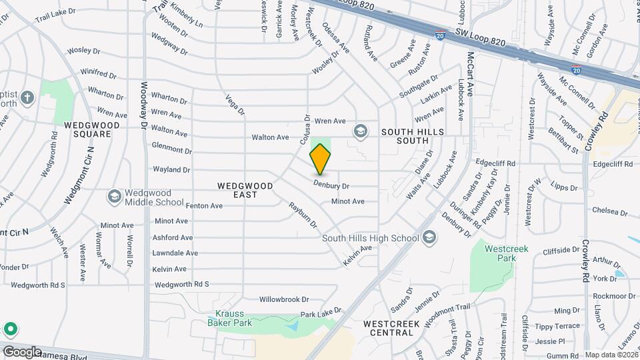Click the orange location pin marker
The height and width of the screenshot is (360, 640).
click(x=321, y=159)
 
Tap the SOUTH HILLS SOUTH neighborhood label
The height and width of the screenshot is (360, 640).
click(x=413, y=137)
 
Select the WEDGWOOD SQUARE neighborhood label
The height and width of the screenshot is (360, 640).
click(x=92, y=129)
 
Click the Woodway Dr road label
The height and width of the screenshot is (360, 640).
click(x=144, y=105)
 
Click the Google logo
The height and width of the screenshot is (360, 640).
click(x=22, y=351)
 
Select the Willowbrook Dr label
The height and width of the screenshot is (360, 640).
click(x=285, y=299)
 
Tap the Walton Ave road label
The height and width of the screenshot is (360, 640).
click(x=270, y=137)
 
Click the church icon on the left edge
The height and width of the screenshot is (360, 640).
click(x=27, y=99)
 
